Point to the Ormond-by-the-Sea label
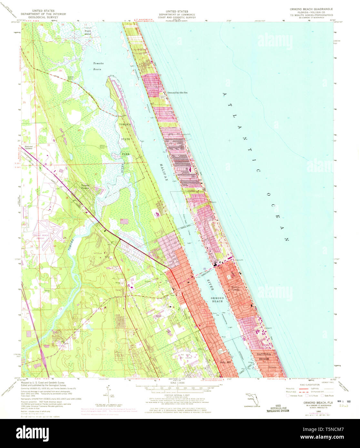(177, 93)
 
